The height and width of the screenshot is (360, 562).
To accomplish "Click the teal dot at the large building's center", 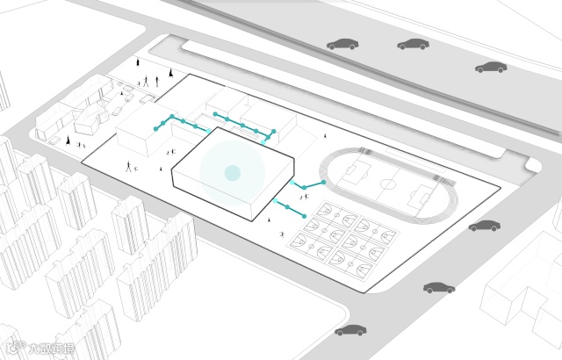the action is coord(232,173).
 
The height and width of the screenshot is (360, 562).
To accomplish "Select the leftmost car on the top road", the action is coord(342,44).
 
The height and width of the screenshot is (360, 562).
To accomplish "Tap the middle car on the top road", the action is coord(413,43).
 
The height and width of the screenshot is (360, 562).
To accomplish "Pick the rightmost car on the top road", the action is coord(490,67).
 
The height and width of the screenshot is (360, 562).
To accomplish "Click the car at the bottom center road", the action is coord(350,331).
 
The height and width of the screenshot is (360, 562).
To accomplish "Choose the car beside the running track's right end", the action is coord(484,227).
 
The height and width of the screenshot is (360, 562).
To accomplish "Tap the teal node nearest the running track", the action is coord(323,182).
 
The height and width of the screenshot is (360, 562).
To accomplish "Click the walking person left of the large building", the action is coord(131,165).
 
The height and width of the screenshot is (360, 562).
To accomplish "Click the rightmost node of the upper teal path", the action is coord(273,132).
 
